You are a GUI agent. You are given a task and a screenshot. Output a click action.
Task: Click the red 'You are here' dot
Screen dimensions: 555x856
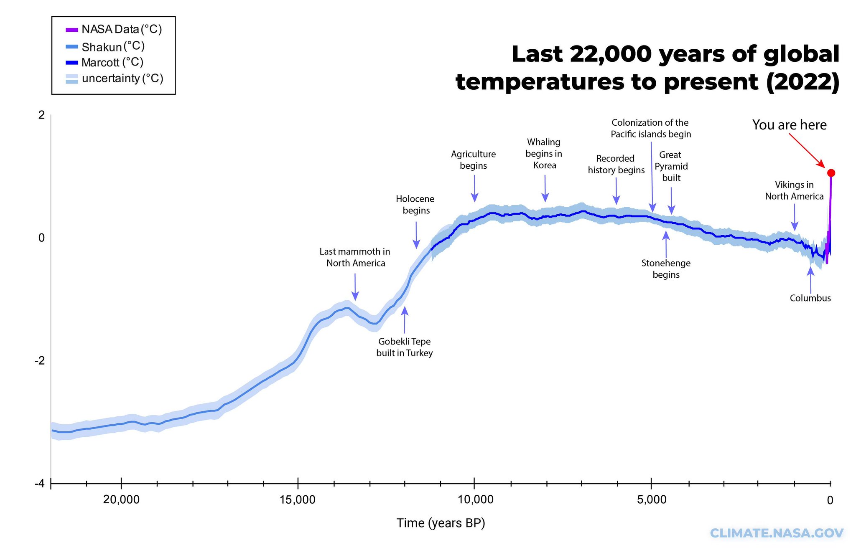[831, 173]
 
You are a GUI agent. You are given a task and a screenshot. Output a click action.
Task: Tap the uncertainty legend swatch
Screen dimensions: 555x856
[72, 79]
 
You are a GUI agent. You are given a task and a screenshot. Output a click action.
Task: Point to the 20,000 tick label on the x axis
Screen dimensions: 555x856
[121, 500]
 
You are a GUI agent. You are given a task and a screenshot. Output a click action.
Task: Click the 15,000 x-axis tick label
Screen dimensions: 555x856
[298, 500]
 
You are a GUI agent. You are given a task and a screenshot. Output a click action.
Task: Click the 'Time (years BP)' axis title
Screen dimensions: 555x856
[441, 523]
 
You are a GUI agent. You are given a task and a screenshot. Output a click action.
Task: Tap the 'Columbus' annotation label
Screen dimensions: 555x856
[810, 298]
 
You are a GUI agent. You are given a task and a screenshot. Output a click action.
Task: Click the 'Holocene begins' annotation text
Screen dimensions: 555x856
[415, 205]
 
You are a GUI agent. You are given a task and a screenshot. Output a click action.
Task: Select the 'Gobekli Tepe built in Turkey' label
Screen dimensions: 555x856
[404, 347]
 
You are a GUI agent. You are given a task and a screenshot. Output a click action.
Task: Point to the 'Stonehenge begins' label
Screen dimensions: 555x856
[666, 269]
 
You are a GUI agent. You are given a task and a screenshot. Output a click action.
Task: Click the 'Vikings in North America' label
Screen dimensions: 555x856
[794, 190]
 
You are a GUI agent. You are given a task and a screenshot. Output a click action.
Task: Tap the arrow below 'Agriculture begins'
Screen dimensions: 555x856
[474, 189]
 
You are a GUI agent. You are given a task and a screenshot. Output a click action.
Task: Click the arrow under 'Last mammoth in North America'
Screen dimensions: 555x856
[355, 287]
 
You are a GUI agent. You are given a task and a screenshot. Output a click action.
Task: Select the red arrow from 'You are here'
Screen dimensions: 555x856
[806, 151]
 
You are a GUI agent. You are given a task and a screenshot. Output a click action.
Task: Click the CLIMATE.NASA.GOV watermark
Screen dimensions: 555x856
[776, 533]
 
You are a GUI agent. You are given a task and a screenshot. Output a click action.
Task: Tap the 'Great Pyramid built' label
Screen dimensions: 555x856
[671, 166]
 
